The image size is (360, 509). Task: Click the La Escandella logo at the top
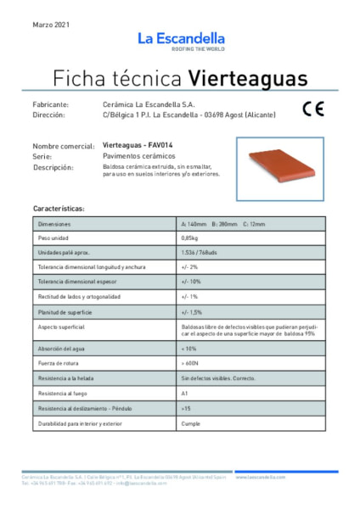tap(180, 40)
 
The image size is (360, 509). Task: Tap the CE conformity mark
tap(312, 109)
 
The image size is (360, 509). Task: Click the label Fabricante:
tap(56, 103)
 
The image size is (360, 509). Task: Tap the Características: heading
tap(59, 208)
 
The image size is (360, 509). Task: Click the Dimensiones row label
tap(56, 224)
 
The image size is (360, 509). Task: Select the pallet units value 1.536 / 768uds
tap(199, 253)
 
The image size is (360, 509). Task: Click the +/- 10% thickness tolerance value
tap(190, 282)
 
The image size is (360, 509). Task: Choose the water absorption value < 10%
tap(188, 349)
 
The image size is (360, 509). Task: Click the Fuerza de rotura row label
tap(59, 364)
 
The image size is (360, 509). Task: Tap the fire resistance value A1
tap(184, 394)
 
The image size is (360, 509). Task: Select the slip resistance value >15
tap(186, 408)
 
